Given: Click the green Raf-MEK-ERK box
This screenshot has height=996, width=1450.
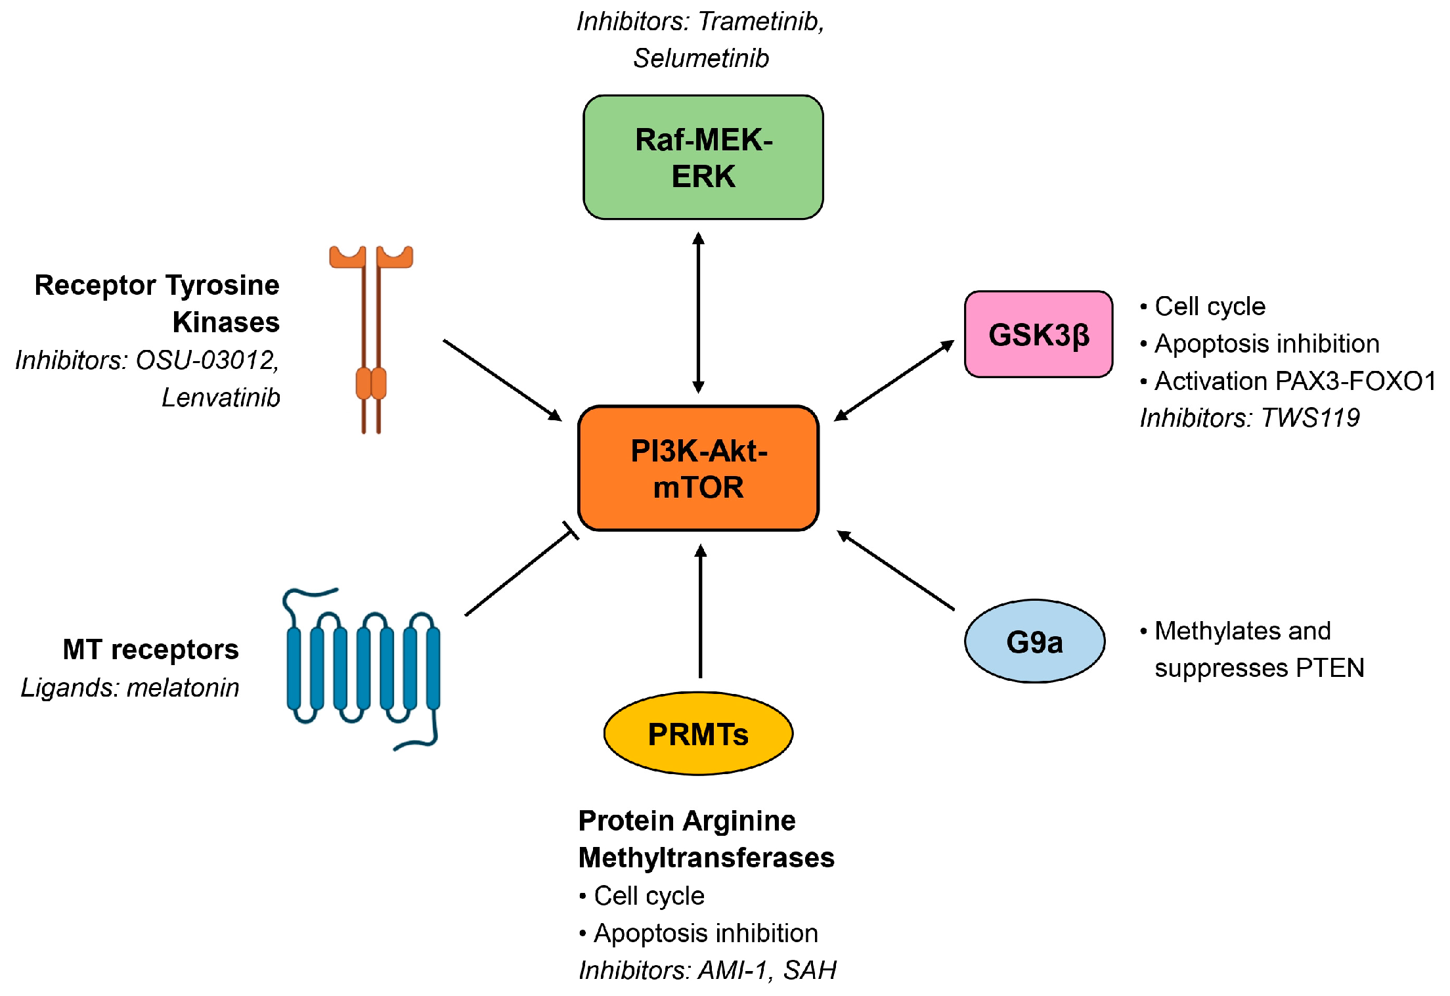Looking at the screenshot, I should point(703,158).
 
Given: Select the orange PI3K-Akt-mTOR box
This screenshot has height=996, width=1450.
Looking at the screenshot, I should point(698,468).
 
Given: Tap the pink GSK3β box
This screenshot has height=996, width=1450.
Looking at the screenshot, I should point(1038,334).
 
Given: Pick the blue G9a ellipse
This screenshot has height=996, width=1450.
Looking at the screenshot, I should point(1034,641).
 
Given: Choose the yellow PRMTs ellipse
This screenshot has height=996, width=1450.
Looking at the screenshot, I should point(698,733).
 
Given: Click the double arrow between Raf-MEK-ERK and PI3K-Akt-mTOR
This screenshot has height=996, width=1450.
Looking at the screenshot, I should point(699,313).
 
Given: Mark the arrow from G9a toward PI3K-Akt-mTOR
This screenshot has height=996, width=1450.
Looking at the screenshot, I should point(896,571).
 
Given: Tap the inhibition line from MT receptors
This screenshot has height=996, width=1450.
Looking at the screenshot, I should point(519,573).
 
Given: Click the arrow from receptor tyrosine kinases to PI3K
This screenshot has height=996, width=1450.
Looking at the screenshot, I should point(502,379).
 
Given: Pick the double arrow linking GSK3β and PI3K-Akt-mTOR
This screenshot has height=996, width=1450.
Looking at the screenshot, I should point(894,381).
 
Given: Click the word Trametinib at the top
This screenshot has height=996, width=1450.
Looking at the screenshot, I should point(760,22).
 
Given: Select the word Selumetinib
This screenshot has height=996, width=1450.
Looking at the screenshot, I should point(701,58).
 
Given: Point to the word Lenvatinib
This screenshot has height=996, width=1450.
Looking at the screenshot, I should point(221,398).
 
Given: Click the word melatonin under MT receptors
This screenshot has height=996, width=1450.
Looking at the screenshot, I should point(183,688).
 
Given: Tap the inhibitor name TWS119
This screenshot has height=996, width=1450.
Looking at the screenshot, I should point(1309,418).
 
